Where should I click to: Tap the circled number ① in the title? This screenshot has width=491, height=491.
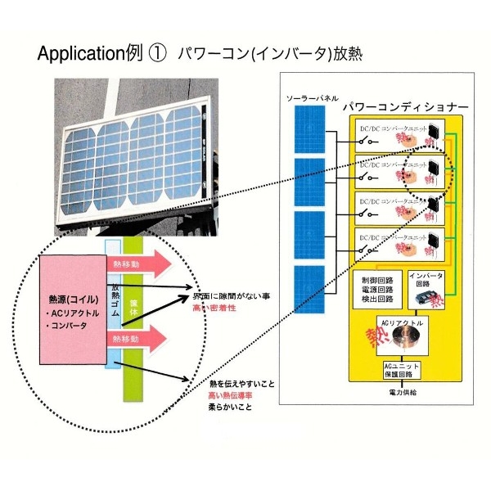pyautogui.click(x=156, y=54)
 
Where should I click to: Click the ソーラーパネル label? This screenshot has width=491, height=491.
pyautogui.click(x=309, y=99)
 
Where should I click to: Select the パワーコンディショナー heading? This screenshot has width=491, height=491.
pyautogui.click(x=404, y=107)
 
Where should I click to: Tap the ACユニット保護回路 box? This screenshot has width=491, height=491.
pyautogui.click(x=402, y=370)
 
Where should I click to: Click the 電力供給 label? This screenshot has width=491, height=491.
pyautogui.click(x=402, y=393)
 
